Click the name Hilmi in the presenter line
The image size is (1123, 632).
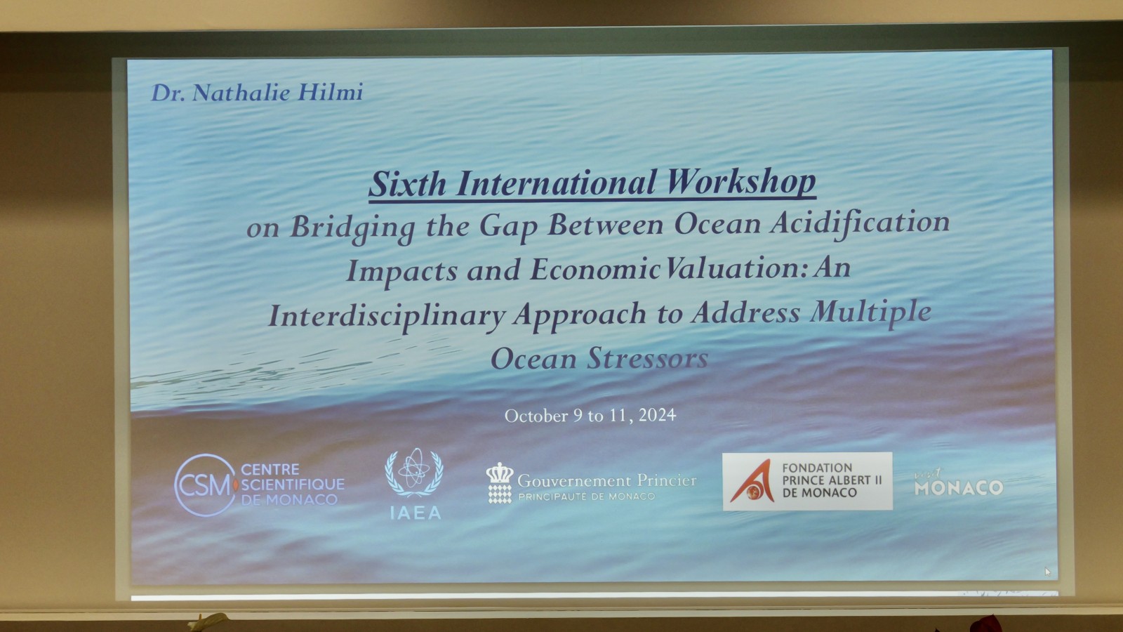coord(330,92)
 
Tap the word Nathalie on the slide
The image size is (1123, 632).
coord(241,93)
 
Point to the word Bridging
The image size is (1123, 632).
coord(352,228)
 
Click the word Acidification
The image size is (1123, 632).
coord(859,223)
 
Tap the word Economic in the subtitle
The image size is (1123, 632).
coord(594,270)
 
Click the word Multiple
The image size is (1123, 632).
coord(871,312)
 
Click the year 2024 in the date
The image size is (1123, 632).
coord(657,415)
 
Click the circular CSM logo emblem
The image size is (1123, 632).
coord(205,485)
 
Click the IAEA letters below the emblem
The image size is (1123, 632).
coord(416,513)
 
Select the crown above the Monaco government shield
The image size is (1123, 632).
coord(500,473)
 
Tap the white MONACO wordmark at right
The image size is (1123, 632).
coord(959,487)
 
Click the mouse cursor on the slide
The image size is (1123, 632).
coord(1046,572)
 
